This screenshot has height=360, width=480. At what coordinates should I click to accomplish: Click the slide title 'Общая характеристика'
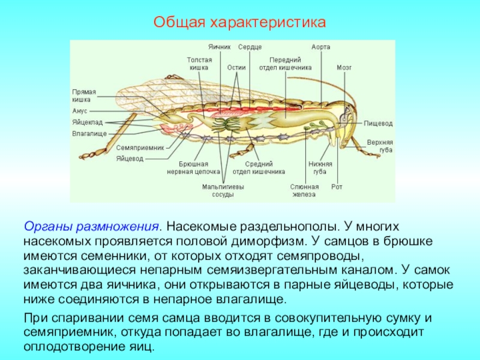point(239,23)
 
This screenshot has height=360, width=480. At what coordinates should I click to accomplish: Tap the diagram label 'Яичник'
point(220,47)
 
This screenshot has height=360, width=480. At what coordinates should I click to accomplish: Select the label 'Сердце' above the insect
point(250,47)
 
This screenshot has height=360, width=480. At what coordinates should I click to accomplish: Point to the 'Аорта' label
point(320,47)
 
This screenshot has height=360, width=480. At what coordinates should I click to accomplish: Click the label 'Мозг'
point(344,68)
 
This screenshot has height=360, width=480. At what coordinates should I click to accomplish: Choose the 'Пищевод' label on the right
point(378,123)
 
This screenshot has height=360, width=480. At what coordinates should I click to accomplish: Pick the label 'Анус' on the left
point(80,112)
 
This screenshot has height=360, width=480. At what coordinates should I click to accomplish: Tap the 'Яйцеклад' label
point(86,122)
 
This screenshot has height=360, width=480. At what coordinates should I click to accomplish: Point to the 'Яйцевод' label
point(130,158)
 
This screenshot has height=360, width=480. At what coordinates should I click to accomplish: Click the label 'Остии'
point(236,68)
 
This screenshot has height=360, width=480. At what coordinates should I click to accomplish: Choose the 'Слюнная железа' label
point(304,190)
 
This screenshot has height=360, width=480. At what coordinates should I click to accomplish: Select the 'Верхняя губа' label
point(380,146)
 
